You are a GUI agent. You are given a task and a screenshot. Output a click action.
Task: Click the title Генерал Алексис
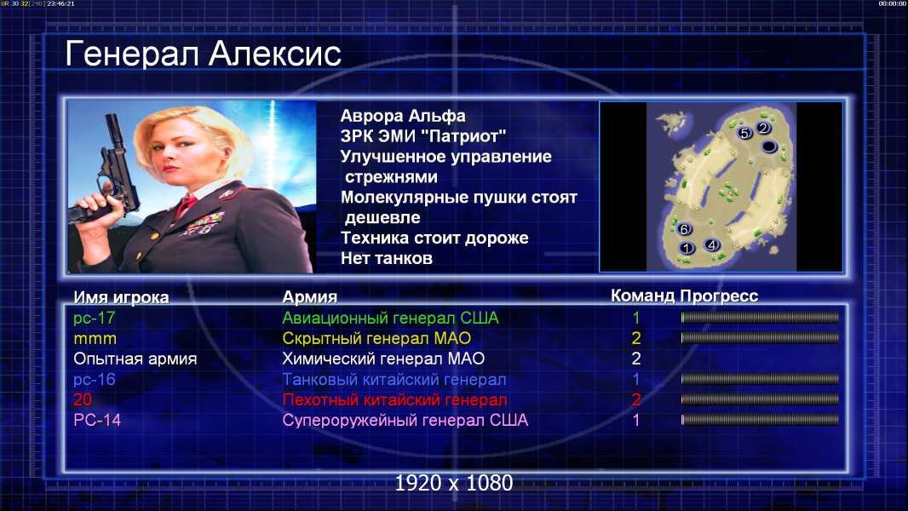[x=203, y=54]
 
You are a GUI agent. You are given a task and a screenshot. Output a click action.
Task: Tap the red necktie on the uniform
[x=186, y=204]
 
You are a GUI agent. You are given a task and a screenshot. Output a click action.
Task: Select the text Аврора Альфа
[x=402, y=116]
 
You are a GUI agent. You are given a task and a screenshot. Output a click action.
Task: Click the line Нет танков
[x=386, y=258]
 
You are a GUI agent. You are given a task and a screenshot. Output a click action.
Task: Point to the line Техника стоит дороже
[x=434, y=238]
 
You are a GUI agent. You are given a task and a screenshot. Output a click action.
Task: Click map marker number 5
[x=744, y=133]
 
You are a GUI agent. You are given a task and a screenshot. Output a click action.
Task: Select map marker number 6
[x=684, y=229]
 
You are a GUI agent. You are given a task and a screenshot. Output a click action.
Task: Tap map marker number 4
[x=712, y=244]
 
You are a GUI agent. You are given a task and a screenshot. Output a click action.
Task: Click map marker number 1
[x=687, y=249]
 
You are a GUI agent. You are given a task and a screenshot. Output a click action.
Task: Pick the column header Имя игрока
[x=121, y=297]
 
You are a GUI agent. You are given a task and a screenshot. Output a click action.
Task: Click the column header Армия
[x=309, y=297]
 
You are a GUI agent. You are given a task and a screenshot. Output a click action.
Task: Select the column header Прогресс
[x=719, y=296]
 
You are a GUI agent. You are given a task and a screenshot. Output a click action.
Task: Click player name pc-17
[x=94, y=319]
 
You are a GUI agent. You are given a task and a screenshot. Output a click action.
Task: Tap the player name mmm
[x=95, y=339]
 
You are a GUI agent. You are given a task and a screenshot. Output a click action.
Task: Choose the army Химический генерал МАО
[x=383, y=359]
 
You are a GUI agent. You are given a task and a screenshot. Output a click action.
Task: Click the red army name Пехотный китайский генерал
[x=395, y=400]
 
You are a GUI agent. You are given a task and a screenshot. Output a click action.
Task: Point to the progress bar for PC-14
[x=760, y=420]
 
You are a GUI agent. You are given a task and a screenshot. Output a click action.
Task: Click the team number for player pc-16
[x=635, y=380]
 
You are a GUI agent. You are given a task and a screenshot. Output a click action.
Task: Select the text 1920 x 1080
[x=454, y=483]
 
